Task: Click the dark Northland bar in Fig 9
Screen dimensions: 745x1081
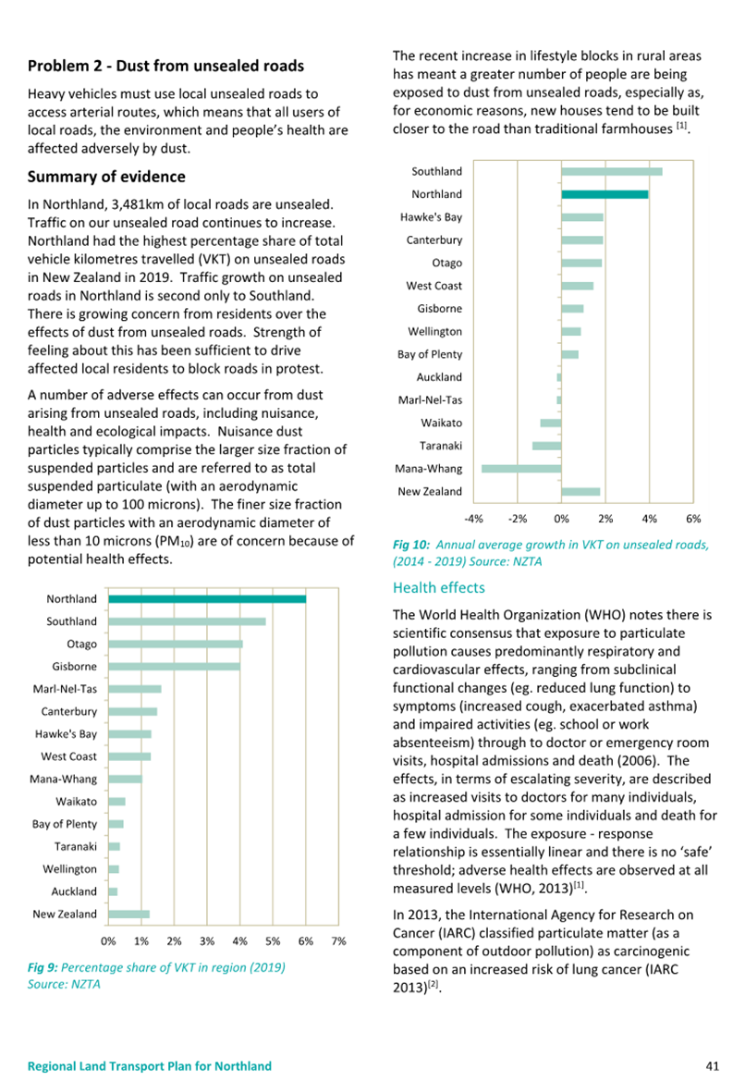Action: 207,599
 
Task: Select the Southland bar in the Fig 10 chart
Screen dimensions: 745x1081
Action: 612,172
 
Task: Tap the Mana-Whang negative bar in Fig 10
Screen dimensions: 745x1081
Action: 521,469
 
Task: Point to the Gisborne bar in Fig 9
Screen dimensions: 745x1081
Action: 175,667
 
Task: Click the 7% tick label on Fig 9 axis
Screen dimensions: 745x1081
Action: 338,941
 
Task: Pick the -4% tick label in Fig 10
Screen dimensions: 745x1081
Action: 473,519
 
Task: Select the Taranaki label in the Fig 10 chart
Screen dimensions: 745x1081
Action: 441,446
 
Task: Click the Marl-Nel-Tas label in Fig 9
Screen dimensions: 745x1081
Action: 65,689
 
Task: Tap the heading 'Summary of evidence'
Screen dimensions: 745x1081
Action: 106,177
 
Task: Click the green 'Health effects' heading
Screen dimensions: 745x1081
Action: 439,587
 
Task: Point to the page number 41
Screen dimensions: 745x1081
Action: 713,1066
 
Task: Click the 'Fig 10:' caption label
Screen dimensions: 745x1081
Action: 411,545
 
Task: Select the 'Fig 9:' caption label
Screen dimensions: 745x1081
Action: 43,967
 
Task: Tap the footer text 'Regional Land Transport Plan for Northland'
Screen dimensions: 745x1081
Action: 150,1066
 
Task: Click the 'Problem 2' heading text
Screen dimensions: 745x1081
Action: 65,67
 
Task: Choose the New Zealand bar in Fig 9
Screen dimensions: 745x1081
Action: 128,915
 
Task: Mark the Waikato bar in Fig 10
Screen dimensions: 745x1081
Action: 551,423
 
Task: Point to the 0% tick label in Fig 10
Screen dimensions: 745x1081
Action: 562,519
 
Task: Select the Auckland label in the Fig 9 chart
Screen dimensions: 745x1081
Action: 75,891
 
